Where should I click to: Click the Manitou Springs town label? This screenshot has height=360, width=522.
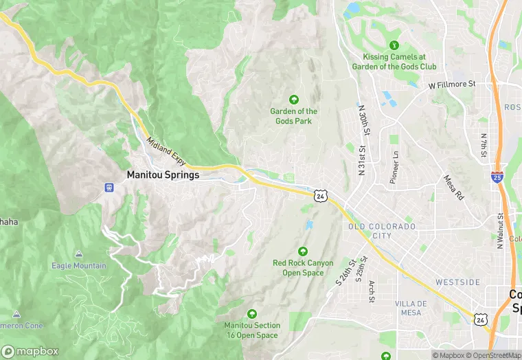(163, 175)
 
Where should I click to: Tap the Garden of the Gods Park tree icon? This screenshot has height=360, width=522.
(295, 100)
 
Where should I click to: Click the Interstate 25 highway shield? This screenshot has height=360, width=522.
(497, 177)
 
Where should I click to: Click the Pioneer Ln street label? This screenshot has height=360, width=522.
(394, 168)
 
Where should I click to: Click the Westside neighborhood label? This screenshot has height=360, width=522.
(457, 282)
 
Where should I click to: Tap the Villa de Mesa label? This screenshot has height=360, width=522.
(411, 308)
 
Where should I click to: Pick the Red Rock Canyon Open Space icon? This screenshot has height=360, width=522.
(303, 251)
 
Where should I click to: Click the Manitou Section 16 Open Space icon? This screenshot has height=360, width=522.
(251, 313)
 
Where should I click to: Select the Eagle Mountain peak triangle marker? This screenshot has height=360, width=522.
(78, 254)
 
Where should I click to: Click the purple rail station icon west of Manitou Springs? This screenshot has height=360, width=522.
(108, 187)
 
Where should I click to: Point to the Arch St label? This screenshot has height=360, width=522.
(372, 291)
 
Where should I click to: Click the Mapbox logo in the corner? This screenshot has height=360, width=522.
(30, 351)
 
